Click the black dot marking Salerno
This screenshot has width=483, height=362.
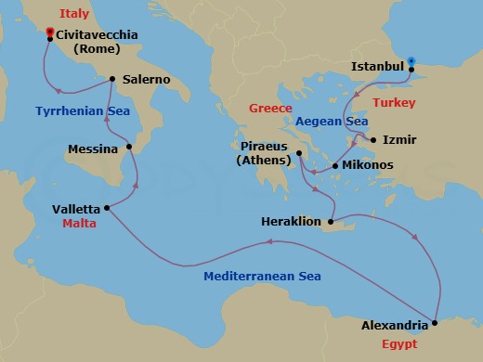(112, 79)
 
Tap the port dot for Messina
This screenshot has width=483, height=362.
(130, 147)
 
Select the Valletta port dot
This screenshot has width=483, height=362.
(107, 207)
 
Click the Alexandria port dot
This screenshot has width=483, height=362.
(436, 324)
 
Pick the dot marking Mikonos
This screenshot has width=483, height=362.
(335, 166)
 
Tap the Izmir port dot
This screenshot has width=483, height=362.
(373, 140)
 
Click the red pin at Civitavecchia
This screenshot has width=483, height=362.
(49, 32)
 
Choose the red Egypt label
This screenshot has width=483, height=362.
(399, 343)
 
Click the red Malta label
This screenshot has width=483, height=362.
(82, 224)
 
